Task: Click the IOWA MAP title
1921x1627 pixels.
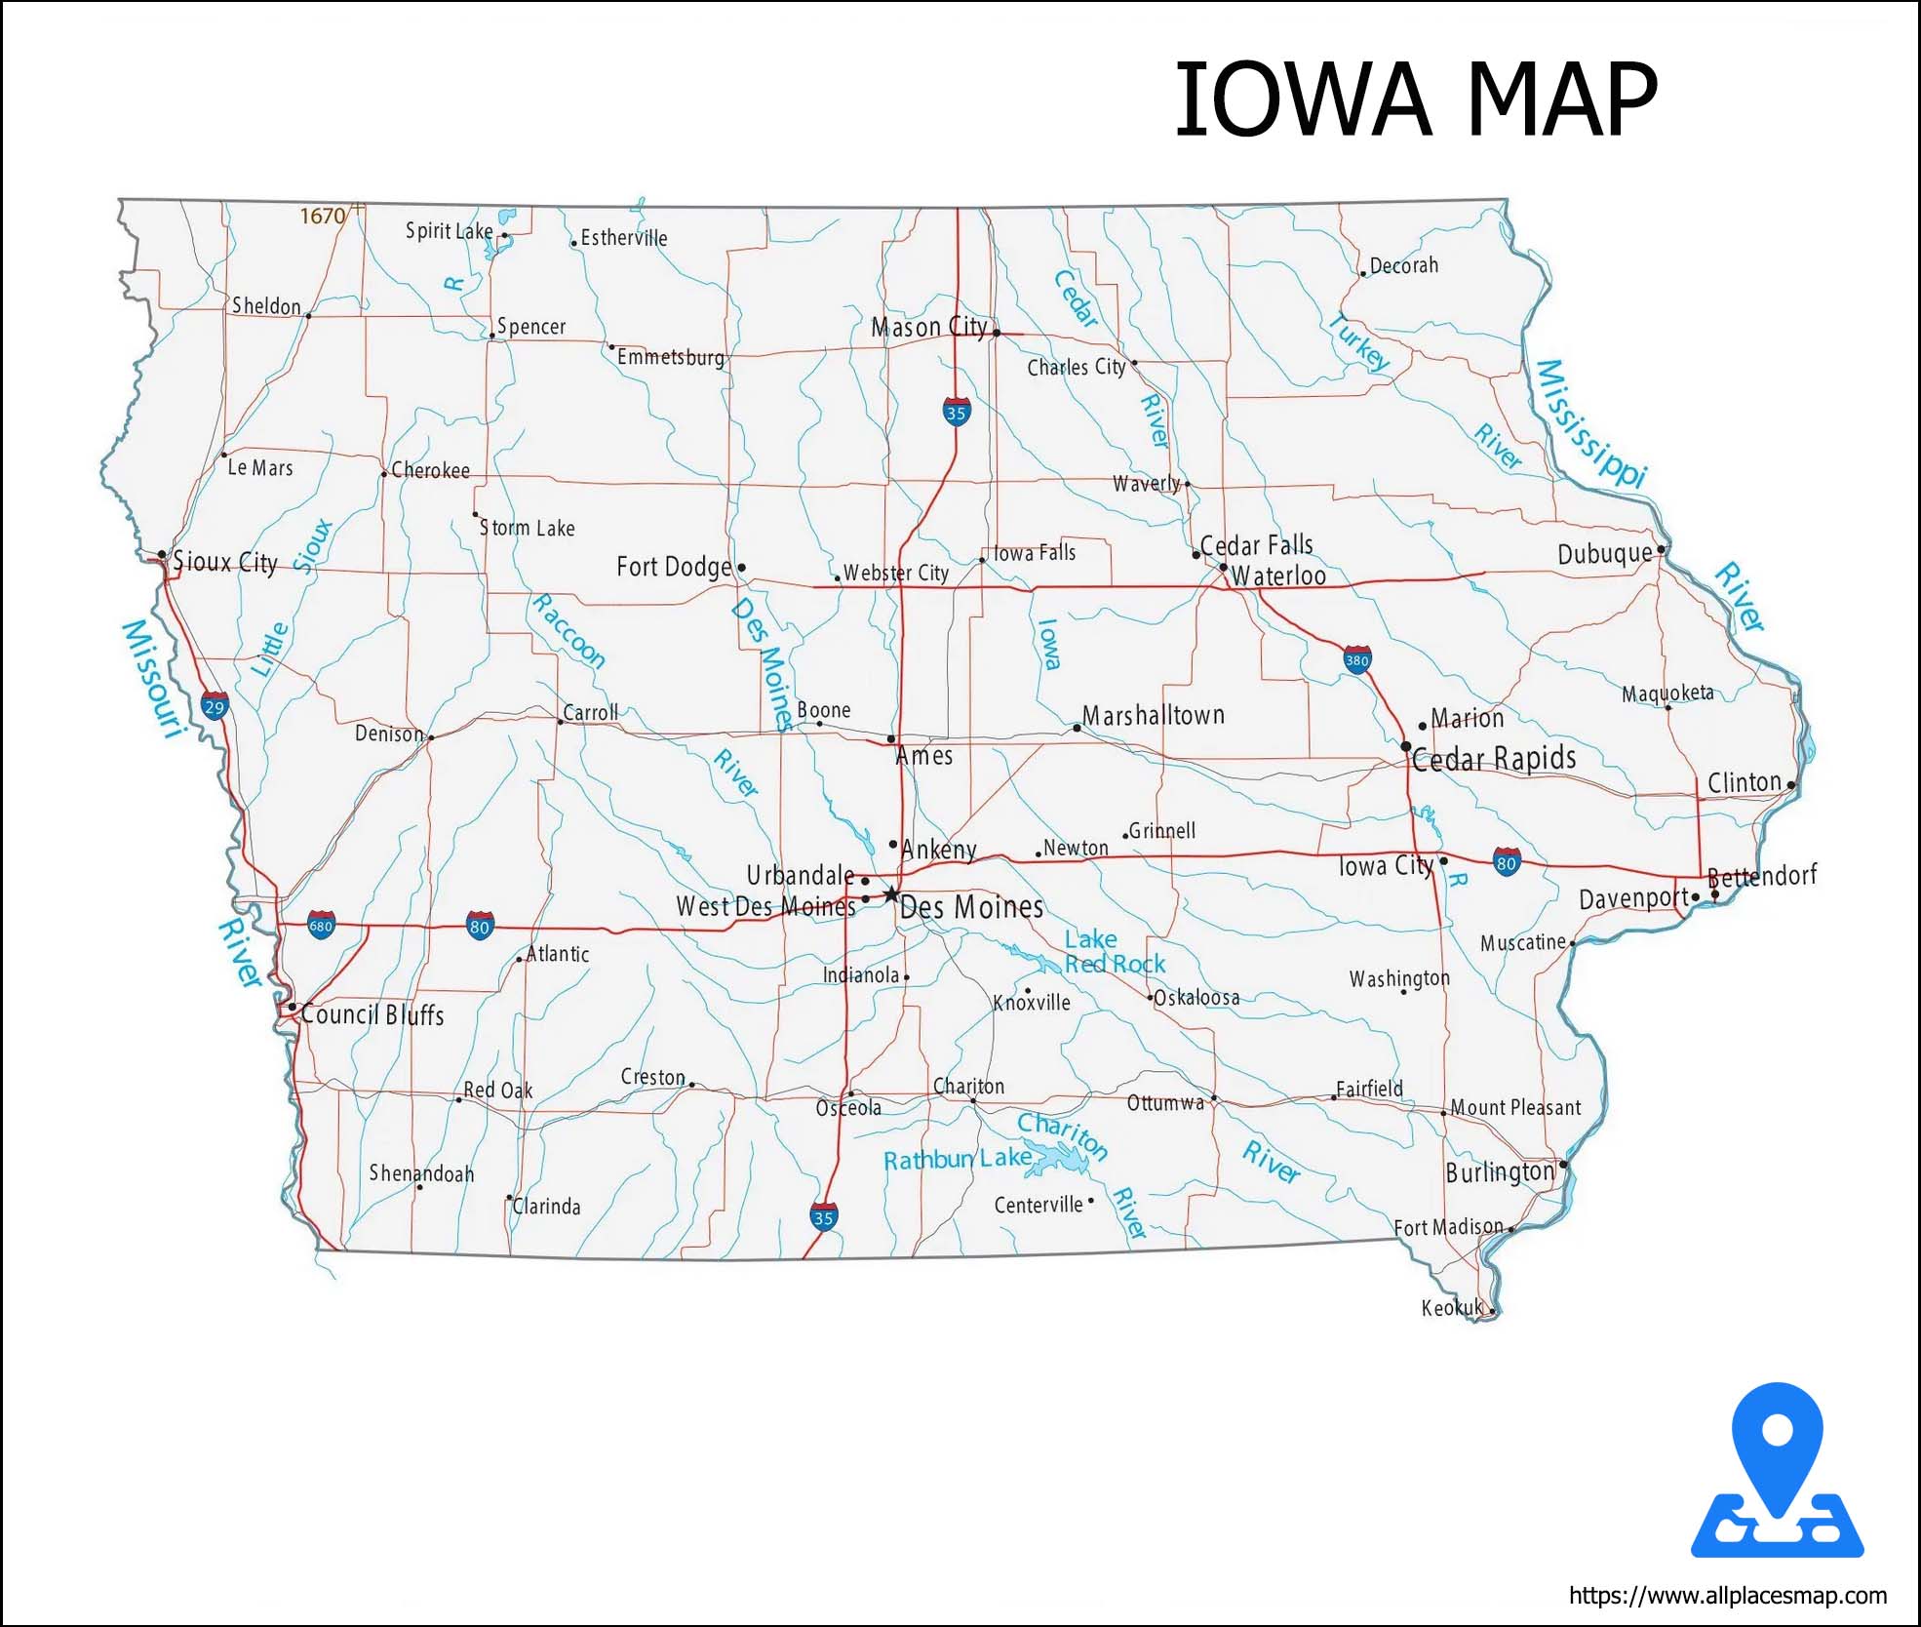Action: click(1415, 99)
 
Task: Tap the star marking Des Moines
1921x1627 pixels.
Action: click(890, 893)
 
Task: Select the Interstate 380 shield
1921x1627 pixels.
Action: click(1356, 659)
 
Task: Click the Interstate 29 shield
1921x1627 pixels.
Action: click(215, 705)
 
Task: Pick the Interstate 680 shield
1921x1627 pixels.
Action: click(321, 925)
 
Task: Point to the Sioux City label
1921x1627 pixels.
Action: click(225, 563)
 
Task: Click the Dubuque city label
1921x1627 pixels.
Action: click(1604, 554)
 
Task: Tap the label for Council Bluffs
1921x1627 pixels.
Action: click(372, 1014)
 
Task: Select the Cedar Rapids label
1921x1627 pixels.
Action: click(1493, 759)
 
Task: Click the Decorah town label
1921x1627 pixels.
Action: click(1403, 265)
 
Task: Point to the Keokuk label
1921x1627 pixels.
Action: click(1451, 1308)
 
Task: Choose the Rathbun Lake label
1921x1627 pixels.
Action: click(957, 1159)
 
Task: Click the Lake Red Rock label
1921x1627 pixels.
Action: click(1114, 952)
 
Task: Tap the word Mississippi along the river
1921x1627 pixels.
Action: click(1590, 423)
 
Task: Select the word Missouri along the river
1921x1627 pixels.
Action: click(153, 678)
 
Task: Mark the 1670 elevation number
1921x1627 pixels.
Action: click(322, 216)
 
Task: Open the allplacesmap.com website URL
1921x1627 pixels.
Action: click(1727, 1596)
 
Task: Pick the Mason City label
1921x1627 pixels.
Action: click(928, 327)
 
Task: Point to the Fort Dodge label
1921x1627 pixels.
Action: click(674, 567)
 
